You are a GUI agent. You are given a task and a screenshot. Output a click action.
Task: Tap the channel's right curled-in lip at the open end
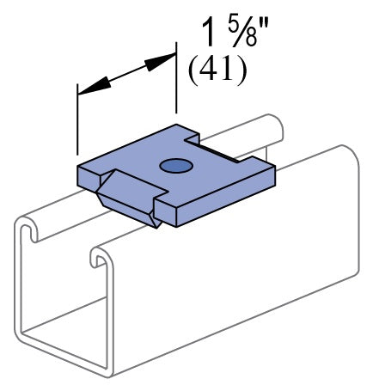click(x=100, y=255)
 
